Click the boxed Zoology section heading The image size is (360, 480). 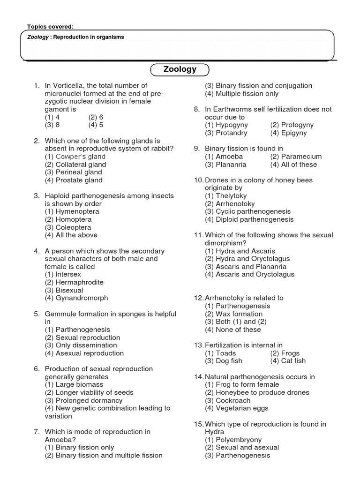coord(180,69)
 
